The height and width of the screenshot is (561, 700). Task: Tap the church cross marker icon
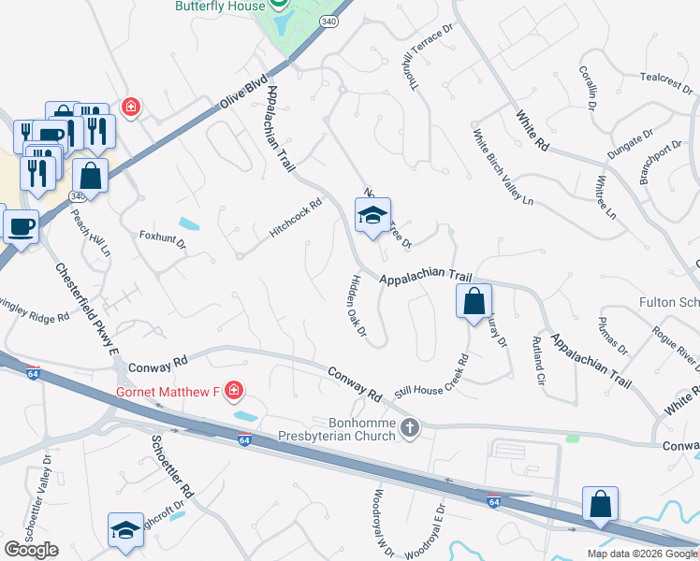point(409,429)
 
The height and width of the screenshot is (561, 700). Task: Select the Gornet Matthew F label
point(167,390)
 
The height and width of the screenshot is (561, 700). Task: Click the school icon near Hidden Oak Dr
point(372,217)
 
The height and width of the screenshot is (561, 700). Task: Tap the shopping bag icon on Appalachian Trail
point(474,301)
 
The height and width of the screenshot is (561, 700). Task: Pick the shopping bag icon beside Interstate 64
point(600,504)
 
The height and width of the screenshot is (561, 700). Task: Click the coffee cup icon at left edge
point(20,225)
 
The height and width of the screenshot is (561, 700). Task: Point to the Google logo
point(31,550)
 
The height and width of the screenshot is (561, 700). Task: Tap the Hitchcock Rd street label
point(296,217)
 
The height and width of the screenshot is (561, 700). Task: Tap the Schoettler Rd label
point(171,465)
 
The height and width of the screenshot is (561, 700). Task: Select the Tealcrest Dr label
point(666,84)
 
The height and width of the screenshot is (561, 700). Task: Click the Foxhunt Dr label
point(163,240)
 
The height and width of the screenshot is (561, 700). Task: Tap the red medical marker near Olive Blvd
point(130,107)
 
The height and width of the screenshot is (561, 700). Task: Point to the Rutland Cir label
point(537,360)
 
